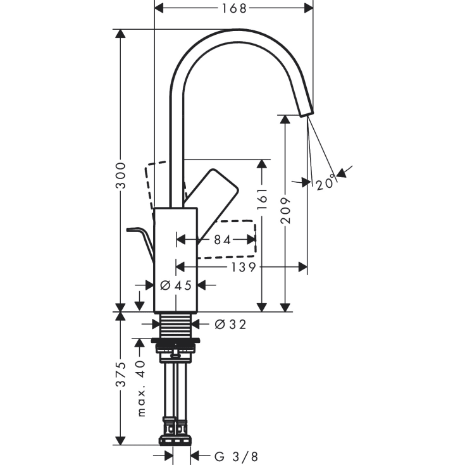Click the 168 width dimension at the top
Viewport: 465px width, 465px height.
pos(233,8)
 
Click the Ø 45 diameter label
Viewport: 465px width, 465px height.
pos(176,285)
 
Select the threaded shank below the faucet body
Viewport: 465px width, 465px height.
pos(176,325)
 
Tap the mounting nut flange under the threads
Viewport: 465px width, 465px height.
pos(177,345)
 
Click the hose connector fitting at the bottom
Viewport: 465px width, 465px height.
pos(177,436)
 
